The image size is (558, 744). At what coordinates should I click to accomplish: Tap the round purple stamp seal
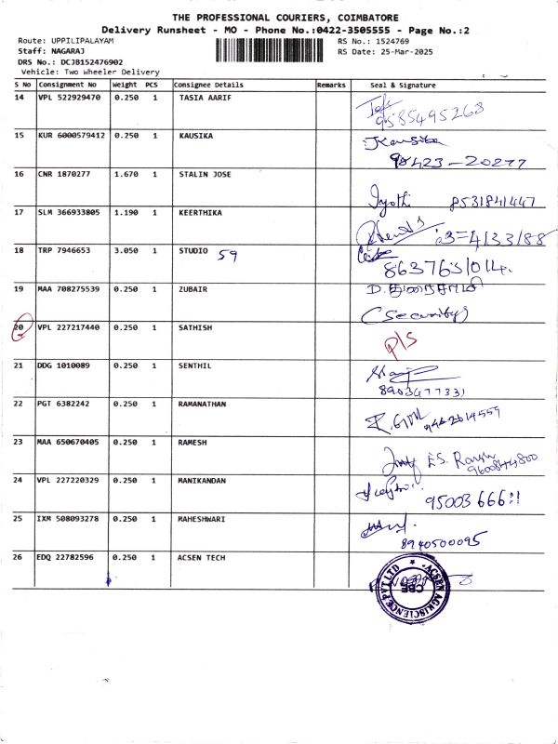[x=407, y=588]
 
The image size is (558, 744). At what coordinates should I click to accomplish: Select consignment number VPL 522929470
[x=71, y=97]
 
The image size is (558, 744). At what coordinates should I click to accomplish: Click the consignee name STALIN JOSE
[x=205, y=174]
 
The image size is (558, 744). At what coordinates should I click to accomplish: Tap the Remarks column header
[x=331, y=85]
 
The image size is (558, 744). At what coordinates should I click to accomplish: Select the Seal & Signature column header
[x=403, y=85]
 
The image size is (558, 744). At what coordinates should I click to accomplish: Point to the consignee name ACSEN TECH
[x=202, y=557]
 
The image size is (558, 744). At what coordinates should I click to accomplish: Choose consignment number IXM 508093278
[x=71, y=518]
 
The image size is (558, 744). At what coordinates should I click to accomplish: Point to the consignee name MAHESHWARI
[x=203, y=518]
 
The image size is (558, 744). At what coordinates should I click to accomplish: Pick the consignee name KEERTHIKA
[x=200, y=212]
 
